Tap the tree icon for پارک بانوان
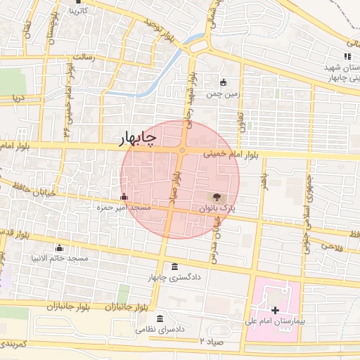pyautogui.click(x=215, y=198)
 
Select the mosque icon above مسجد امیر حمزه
pyautogui.click(x=124, y=196)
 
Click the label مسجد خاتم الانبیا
pyautogui.click(x=62, y=259)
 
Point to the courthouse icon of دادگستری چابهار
pyautogui.click(x=174, y=266)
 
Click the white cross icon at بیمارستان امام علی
pyautogui.click(x=275, y=309)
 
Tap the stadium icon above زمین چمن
pyautogui.click(x=224, y=82)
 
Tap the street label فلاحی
pyautogui.click(x=328, y=245)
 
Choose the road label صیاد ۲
pyautogui.click(x=211, y=342)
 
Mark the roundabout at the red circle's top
pyautogui.click(x=181, y=150)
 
